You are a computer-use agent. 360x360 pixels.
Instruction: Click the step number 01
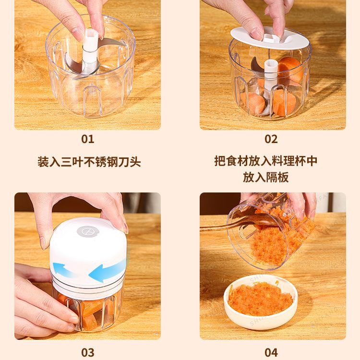[87, 139]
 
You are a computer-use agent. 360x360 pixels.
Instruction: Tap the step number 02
[271, 139]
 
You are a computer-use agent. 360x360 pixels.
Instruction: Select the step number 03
[87, 352]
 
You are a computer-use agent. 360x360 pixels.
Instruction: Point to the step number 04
[271, 352]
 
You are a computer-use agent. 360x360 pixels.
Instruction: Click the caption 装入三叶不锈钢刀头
[89, 162]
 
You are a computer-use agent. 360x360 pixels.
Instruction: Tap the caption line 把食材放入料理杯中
[266, 161]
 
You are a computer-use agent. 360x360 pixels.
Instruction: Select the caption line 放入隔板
[266, 177]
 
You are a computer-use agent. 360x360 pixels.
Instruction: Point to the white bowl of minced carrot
[261, 302]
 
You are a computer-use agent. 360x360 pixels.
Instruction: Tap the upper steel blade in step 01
[110, 43]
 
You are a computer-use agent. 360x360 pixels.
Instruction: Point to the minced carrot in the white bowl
[261, 299]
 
